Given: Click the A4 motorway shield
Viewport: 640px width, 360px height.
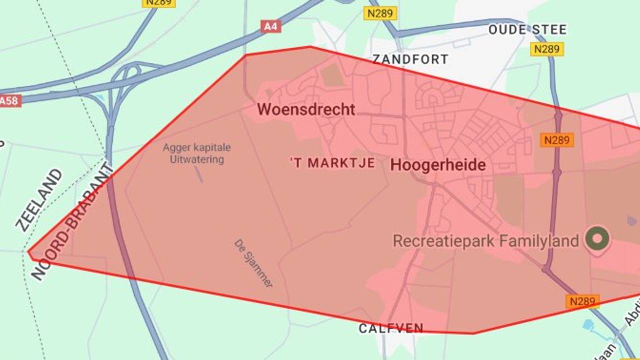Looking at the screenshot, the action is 270,26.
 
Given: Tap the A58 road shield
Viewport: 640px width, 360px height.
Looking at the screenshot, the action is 9,101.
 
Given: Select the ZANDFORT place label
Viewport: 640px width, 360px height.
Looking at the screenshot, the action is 410,59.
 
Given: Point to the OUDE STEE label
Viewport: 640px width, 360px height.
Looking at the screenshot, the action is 527,29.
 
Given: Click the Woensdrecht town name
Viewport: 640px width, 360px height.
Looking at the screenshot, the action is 306,109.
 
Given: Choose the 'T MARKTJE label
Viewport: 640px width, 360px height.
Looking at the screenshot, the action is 332,163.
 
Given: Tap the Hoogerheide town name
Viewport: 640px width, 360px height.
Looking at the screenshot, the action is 438,165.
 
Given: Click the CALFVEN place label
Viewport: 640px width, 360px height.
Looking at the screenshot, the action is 391,328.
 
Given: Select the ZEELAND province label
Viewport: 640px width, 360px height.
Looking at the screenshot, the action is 39,200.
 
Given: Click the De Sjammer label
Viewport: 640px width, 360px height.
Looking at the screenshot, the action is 253,263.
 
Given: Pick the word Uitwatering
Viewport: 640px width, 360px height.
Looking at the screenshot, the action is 196,160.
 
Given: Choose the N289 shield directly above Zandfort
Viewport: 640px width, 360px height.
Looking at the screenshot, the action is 380,13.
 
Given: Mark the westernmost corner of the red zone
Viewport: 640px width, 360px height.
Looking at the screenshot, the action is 28,253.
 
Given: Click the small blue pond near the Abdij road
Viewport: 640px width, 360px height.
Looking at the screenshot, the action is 588,324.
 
